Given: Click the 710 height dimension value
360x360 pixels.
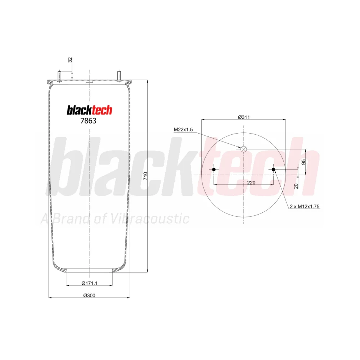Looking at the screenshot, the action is pyautogui.click(x=145, y=176).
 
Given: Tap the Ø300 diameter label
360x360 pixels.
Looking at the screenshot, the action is pyautogui.click(x=89, y=296).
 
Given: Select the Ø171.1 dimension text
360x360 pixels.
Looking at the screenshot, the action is pyautogui.click(x=90, y=283).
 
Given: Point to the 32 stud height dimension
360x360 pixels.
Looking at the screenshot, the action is pyautogui.click(x=70, y=60).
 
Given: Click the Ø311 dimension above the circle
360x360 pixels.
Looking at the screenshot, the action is pyautogui.click(x=244, y=117).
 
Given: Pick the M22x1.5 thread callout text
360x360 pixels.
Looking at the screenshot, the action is pyautogui.click(x=183, y=130).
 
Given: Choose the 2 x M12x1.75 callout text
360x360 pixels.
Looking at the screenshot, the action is pyautogui.click(x=305, y=207).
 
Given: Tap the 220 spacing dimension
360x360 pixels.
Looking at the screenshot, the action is pyautogui.click(x=251, y=183).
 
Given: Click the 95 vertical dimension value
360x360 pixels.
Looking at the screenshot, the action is pyautogui.click(x=303, y=162).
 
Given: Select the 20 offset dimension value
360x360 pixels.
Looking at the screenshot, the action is pyautogui.click(x=296, y=186).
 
